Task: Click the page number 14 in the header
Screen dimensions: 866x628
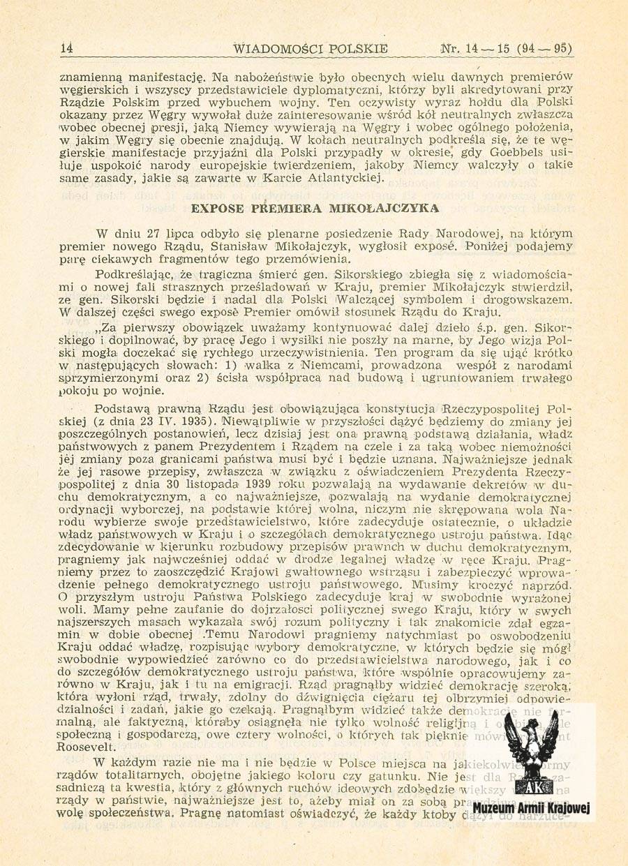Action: point(67,49)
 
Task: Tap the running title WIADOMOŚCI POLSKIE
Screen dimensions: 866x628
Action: point(311,49)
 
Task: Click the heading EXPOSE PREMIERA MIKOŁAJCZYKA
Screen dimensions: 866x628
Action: point(314,209)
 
